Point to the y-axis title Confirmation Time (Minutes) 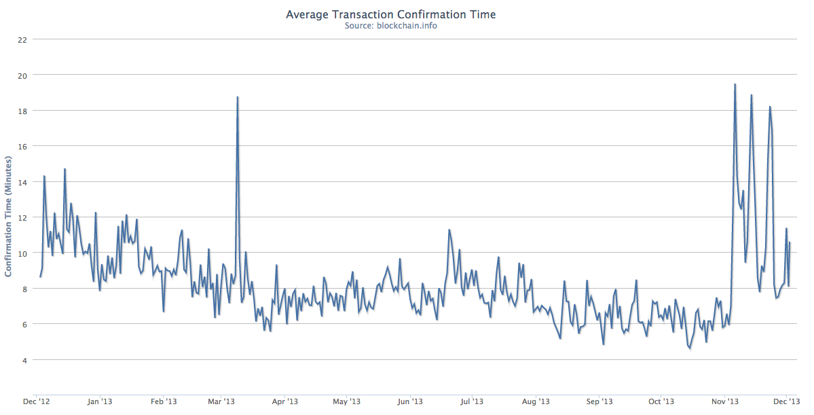[x=9, y=216]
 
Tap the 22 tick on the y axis [x=22, y=39]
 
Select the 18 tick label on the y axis [x=22, y=111]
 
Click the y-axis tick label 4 [x=24, y=360]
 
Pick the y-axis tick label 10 [x=22, y=253]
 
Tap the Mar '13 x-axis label [x=221, y=401]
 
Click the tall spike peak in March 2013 [x=237, y=97]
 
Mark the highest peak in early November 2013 [x=735, y=84]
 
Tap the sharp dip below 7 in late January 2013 [x=164, y=311]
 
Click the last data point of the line [x=790, y=242]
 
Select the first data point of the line [x=40, y=276]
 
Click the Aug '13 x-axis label [x=535, y=401]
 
